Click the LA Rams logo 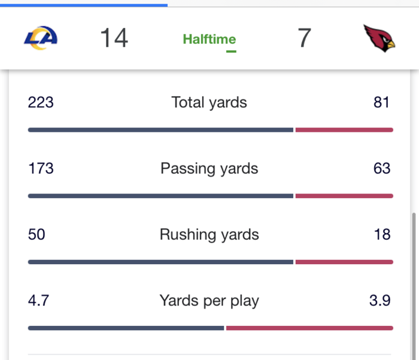[41, 38]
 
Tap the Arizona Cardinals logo [379, 38]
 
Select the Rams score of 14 [114, 38]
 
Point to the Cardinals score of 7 [304, 38]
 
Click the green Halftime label [209, 40]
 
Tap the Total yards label [209, 102]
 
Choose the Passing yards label [209, 168]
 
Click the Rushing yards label [209, 234]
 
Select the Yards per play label [209, 300]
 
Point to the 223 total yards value [41, 102]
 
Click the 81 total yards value [382, 102]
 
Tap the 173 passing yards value [41, 168]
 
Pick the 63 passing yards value [382, 168]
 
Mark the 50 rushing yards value [37, 234]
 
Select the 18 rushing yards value [382, 234]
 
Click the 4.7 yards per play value [38, 300]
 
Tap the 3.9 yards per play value [379, 300]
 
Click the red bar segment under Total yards [344, 130]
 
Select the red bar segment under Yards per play [309, 328]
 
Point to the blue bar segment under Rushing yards [160, 262]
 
